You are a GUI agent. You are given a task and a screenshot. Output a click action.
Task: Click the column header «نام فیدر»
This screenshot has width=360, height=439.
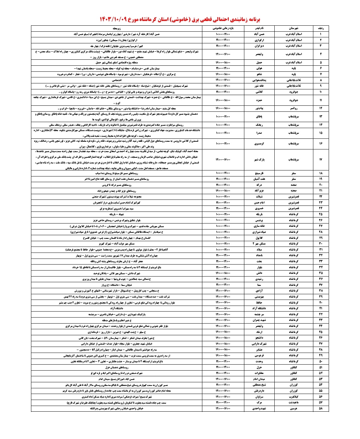[x=259, y=28]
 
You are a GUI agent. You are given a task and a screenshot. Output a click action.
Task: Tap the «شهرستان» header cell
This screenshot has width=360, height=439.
[x=294, y=28]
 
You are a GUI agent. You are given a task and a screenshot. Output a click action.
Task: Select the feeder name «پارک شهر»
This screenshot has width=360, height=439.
[x=259, y=159]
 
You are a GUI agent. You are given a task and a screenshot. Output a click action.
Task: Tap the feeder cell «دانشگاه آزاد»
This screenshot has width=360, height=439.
[x=259, y=309]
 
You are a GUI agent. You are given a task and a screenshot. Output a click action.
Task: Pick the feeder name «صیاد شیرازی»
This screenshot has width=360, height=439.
[x=259, y=232]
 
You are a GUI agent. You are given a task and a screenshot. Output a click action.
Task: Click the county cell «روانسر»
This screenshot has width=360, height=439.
[x=294, y=108]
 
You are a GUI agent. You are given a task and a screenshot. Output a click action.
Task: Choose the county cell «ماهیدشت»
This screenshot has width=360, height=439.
[x=294, y=403]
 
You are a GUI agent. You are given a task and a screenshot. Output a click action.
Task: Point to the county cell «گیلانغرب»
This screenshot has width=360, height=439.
[x=294, y=397]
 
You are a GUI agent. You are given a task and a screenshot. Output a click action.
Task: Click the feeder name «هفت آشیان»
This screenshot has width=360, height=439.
[x=259, y=179]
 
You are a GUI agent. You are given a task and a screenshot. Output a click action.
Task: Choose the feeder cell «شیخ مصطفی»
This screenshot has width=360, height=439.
[x=259, y=385]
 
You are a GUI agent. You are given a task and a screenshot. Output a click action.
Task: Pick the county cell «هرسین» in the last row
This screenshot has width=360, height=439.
[x=294, y=408]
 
